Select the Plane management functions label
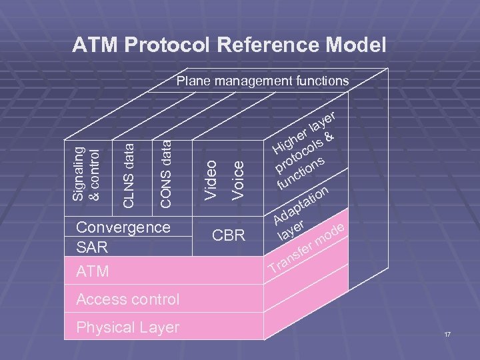pos(262,81)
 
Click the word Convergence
pos(123,227)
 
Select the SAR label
pos(92,247)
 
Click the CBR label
pos(229,236)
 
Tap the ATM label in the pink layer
pos(93,272)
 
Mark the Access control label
pos(128,299)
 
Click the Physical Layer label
pos(128,327)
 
